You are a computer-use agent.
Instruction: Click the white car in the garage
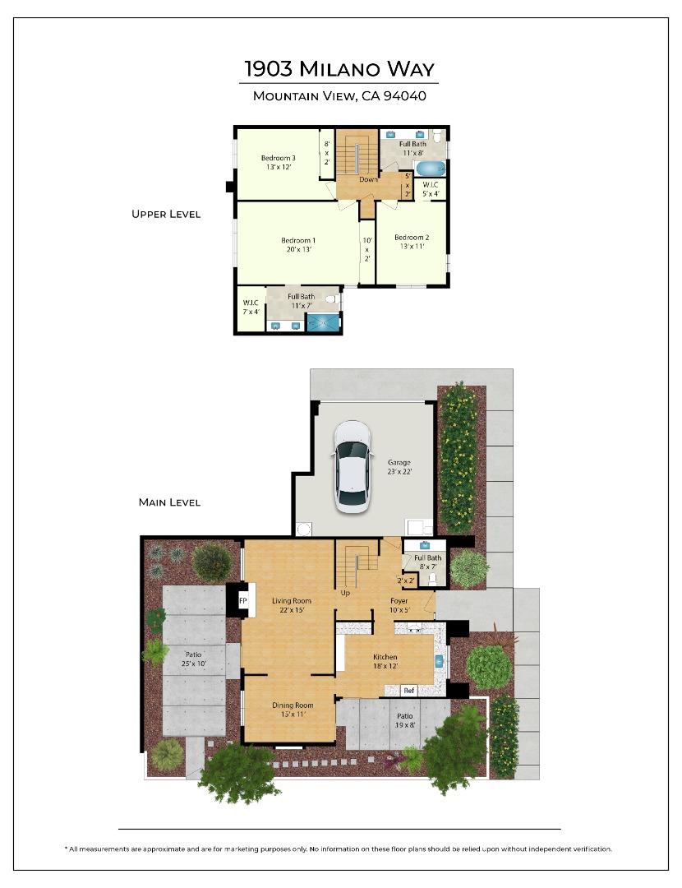click(x=352, y=467)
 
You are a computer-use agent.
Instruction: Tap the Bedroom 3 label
click(x=278, y=158)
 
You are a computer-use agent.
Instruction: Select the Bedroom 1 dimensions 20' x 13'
click(x=299, y=249)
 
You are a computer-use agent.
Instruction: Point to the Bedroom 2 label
click(x=412, y=238)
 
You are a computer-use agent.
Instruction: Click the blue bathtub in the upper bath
click(x=431, y=169)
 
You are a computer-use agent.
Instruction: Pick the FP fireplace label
click(x=242, y=601)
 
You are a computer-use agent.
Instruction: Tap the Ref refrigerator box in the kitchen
click(x=409, y=691)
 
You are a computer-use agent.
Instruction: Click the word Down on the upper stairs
click(x=368, y=179)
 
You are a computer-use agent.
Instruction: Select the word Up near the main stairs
click(x=345, y=593)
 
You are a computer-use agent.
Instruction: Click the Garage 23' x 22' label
click(x=399, y=467)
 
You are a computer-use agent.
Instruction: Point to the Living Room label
click(x=292, y=601)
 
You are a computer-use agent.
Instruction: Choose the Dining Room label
click(x=293, y=705)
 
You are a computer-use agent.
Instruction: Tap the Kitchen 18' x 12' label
click(x=385, y=661)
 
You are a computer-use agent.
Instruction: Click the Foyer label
click(x=399, y=601)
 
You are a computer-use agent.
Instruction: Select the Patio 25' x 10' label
click(x=194, y=659)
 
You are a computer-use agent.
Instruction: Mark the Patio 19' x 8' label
click(x=404, y=720)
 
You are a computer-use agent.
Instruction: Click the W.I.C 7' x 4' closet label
click(x=251, y=307)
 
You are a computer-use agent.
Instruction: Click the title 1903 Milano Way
click(x=339, y=68)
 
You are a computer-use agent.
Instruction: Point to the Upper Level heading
click(x=166, y=214)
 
